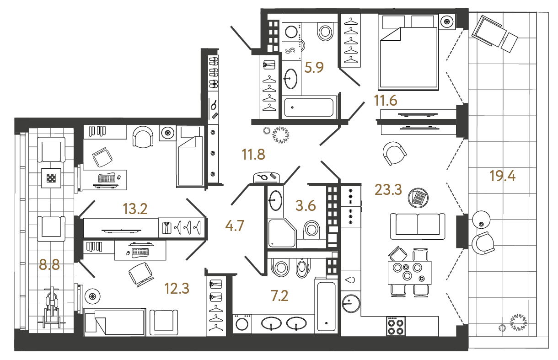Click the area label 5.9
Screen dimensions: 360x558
point(314,68)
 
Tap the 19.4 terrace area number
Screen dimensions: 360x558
point(502,176)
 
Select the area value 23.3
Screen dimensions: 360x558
point(388,188)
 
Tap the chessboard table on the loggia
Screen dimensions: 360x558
point(51,178)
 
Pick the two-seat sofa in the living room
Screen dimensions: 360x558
point(418,226)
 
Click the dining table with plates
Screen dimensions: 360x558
point(409,273)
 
